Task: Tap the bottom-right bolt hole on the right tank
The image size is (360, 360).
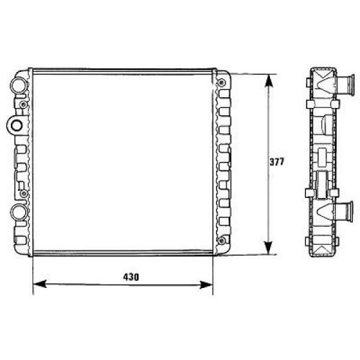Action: (x=221, y=240)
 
